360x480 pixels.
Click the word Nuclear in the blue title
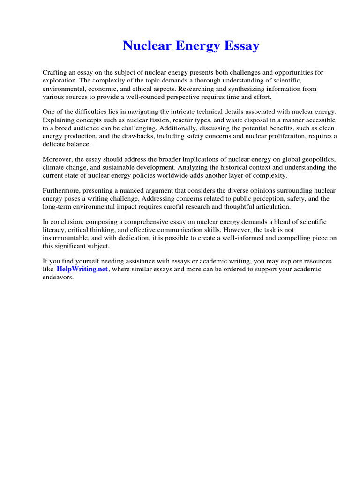(x=146, y=46)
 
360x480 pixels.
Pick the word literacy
(x=53, y=230)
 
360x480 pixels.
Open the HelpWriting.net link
(x=82, y=269)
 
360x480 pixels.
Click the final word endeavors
(x=58, y=277)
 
